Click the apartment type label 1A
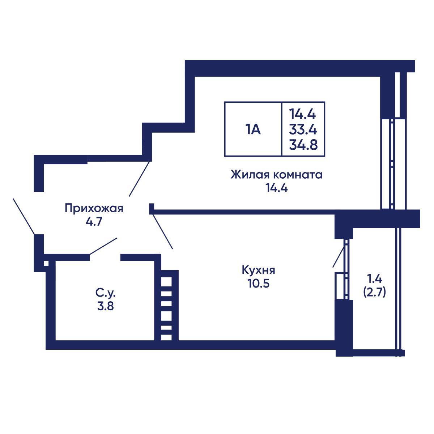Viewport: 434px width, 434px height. pyautogui.click(x=253, y=129)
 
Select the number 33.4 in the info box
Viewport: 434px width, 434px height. pyautogui.click(x=303, y=129)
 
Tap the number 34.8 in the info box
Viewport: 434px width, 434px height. pyautogui.click(x=303, y=145)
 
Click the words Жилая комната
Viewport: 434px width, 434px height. pyautogui.click(x=276, y=175)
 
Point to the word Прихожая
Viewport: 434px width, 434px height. pyautogui.click(x=94, y=208)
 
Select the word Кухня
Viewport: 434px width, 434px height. pyautogui.click(x=258, y=270)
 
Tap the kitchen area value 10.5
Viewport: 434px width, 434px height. pyautogui.click(x=258, y=283)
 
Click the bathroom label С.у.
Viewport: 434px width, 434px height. pyautogui.click(x=105, y=293)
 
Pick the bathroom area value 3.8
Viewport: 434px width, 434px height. pyautogui.click(x=105, y=306)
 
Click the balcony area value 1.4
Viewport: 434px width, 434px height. pyautogui.click(x=375, y=279)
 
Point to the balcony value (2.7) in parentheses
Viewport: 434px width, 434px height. pyautogui.click(x=375, y=292)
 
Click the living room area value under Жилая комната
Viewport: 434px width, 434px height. pyautogui.click(x=277, y=188)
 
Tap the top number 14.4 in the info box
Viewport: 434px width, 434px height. pyautogui.click(x=302, y=114)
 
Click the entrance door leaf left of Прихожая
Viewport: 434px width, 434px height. pyautogui.click(x=24, y=216)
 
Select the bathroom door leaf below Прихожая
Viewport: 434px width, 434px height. pyautogui.click(x=103, y=246)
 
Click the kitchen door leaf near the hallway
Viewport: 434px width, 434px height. pyautogui.click(x=162, y=231)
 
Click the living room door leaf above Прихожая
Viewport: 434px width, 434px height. pyautogui.click(x=139, y=179)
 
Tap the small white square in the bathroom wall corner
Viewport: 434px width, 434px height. pyautogui.click(x=46, y=263)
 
